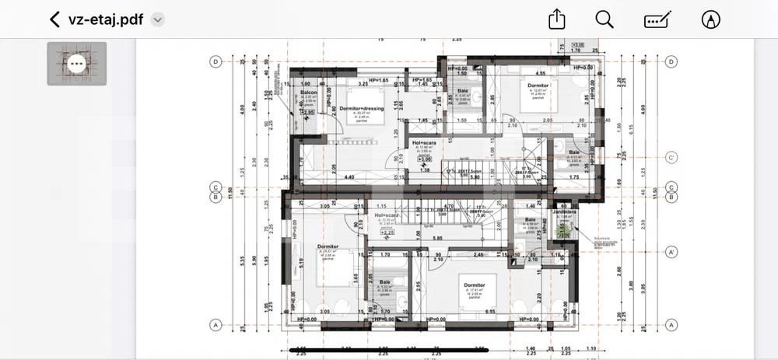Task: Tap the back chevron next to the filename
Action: pyautogui.click(x=54, y=19)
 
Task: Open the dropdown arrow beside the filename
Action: pyautogui.click(x=158, y=20)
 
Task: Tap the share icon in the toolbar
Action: pyautogui.click(x=556, y=19)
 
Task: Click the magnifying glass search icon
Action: pyautogui.click(x=605, y=19)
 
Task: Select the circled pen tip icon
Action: pyautogui.click(x=710, y=19)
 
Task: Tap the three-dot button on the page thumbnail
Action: pyautogui.click(x=76, y=64)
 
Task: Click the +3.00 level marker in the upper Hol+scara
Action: pyautogui.click(x=424, y=159)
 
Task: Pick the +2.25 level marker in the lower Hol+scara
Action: pyautogui.click(x=386, y=232)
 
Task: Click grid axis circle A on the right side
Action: pyautogui.click(x=671, y=324)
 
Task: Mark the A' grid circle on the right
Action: pyautogui.click(x=671, y=252)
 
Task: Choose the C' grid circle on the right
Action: pyautogui.click(x=671, y=157)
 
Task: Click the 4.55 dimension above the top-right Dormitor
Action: pyautogui.click(x=540, y=74)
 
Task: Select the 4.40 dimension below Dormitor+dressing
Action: pyautogui.click(x=349, y=177)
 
